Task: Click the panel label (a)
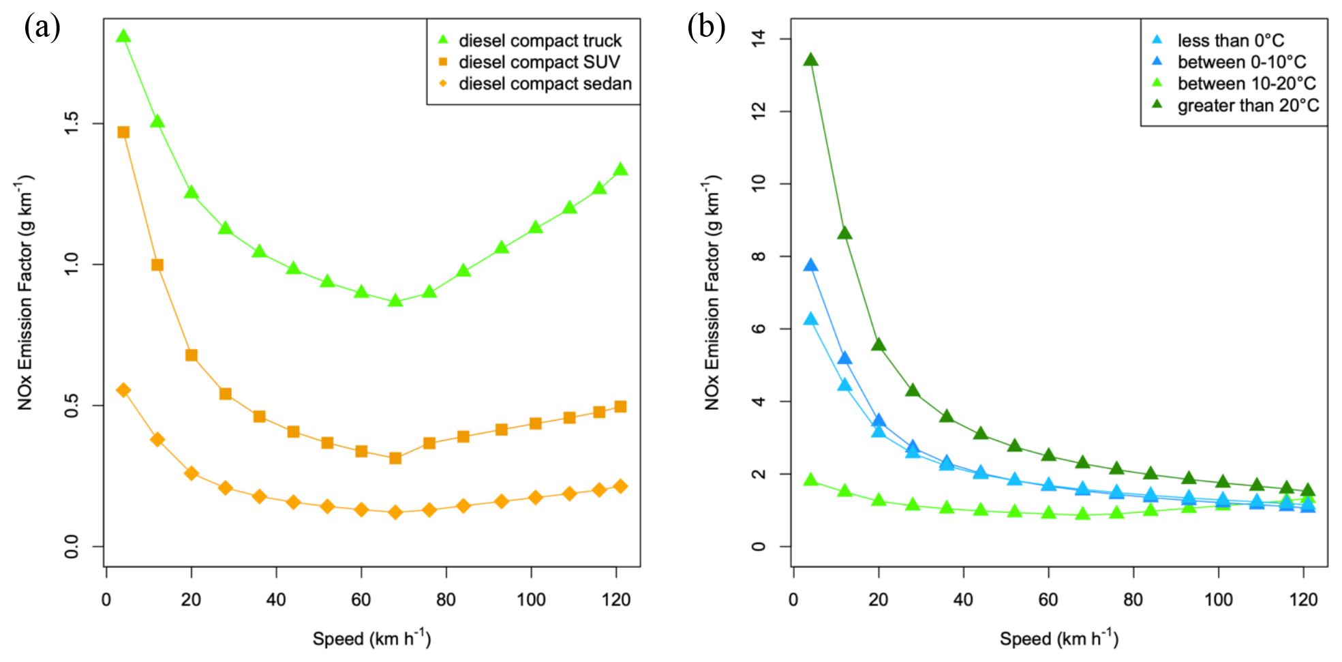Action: pyautogui.click(x=42, y=28)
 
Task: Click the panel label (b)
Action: pyautogui.click(x=706, y=28)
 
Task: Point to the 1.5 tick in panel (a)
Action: pyautogui.click(x=72, y=123)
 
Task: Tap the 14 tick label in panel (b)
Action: pyautogui.click(x=759, y=39)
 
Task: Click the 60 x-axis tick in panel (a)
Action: pyautogui.click(x=361, y=600)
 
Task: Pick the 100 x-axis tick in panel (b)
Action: pyautogui.click(x=1218, y=600)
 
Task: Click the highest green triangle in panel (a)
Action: pyautogui.click(x=123, y=36)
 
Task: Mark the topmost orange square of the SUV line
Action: pyautogui.click(x=123, y=132)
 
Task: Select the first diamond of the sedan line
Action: pyautogui.click(x=123, y=390)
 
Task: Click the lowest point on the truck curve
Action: pyautogui.click(x=395, y=301)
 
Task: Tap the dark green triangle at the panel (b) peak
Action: pyautogui.click(x=810, y=60)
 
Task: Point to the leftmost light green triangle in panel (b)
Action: pyautogui.click(x=810, y=480)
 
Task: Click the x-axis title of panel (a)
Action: pyautogui.click(x=371, y=638)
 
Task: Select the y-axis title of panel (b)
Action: pyautogui.click(x=712, y=293)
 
